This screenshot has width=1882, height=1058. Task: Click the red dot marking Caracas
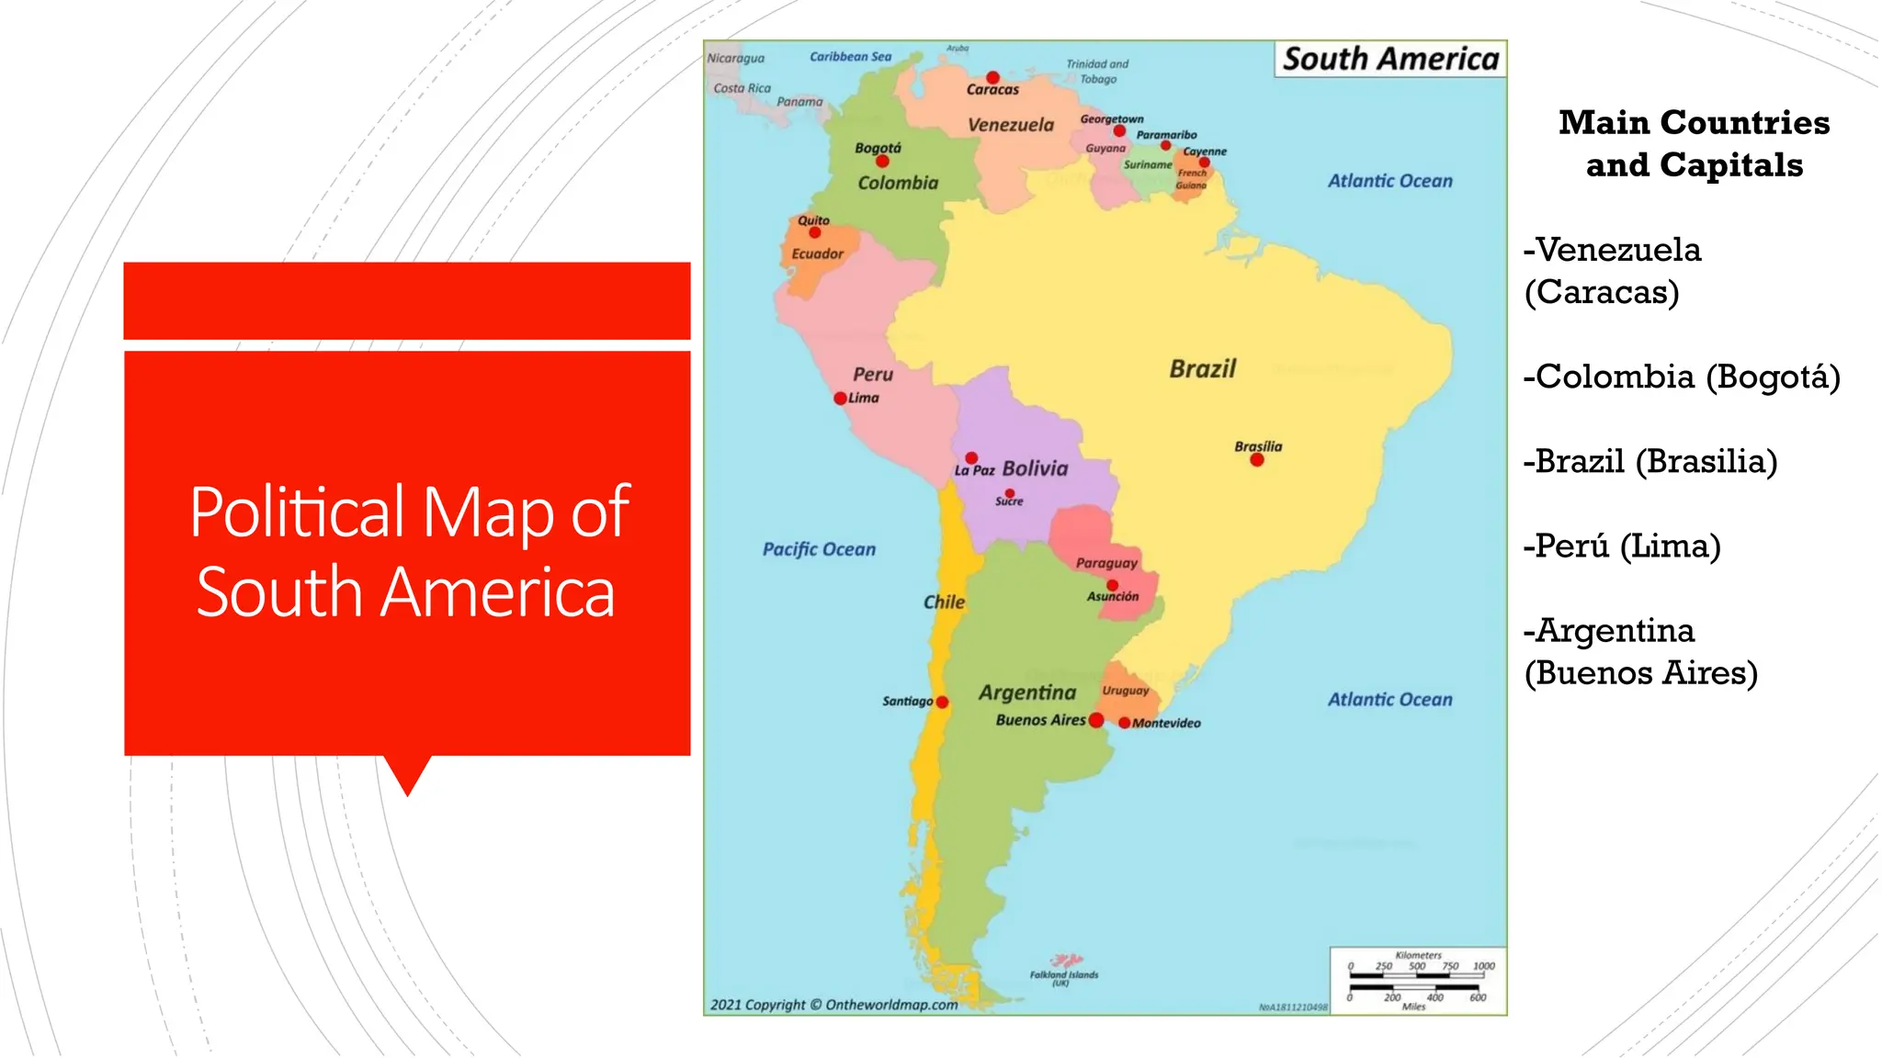click(x=992, y=77)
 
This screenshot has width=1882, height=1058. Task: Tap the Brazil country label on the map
click(x=1202, y=369)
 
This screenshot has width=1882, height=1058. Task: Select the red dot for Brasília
click(x=1257, y=460)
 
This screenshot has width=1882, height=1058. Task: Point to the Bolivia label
click(x=1035, y=468)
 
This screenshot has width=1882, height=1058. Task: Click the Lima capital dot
click(x=840, y=399)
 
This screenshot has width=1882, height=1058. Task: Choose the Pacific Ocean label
click(x=819, y=549)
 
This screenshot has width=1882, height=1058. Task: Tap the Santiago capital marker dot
click(x=942, y=703)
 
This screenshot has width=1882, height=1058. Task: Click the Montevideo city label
click(x=1166, y=724)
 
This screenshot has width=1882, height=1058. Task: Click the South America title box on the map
click(x=1390, y=59)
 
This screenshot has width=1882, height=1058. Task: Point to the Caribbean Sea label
click(x=850, y=57)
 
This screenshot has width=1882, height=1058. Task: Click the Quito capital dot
click(x=814, y=232)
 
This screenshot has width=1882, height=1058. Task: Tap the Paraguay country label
click(x=1106, y=563)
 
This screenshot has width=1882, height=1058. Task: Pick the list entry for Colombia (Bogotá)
click(x=1682, y=377)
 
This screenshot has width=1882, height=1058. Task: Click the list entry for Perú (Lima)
click(x=1622, y=546)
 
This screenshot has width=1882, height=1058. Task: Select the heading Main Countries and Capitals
click(x=1694, y=143)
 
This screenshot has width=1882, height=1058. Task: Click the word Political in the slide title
click(x=297, y=512)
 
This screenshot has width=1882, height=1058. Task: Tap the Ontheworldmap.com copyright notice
click(x=833, y=1005)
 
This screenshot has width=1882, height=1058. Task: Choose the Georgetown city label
click(x=1112, y=119)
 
